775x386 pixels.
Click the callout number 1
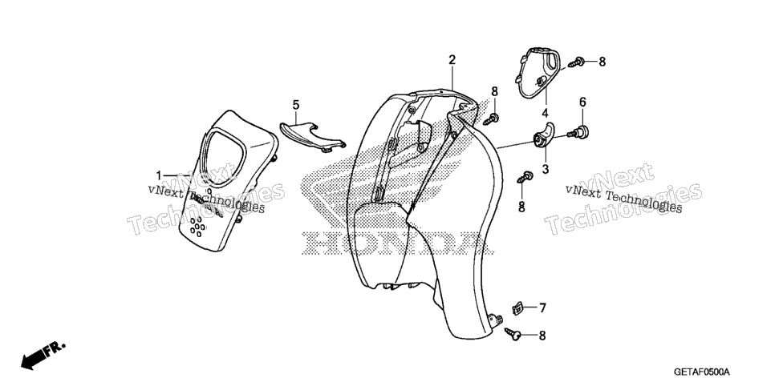tap(159, 175)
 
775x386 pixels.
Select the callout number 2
tap(452, 60)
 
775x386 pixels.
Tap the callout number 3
tap(546, 169)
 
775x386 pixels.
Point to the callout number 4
tap(545, 113)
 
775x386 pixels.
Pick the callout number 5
tap(295, 105)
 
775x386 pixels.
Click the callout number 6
tap(582, 103)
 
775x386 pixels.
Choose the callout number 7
tap(542, 308)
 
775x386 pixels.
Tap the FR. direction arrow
tap(43, 356)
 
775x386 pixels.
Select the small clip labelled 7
tap(517, 308)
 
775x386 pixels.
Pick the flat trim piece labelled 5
tap(312, 136)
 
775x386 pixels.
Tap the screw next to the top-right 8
tap(576, 62)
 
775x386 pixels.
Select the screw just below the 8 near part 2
tap(491, 119)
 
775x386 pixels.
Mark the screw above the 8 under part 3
tap(525, 177)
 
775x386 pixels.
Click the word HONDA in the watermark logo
tap(397, 243)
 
